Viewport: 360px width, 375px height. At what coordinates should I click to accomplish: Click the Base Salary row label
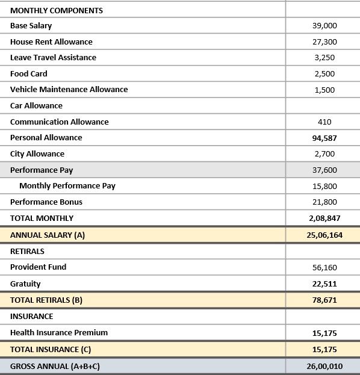[31, 26]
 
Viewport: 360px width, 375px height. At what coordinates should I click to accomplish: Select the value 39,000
[324, 26]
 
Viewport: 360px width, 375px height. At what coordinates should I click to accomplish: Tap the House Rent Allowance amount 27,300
[324, 42]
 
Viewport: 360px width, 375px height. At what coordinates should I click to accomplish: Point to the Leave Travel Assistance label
[53, 58]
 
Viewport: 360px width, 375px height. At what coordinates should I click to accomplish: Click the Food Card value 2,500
[324, 74]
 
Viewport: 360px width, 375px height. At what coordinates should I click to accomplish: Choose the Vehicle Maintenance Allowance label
[69, 90]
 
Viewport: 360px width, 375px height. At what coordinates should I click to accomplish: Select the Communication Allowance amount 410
[324, 122]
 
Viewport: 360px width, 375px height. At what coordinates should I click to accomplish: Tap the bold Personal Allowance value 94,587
[324, 138]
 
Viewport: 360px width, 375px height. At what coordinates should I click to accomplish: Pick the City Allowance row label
[37, 154]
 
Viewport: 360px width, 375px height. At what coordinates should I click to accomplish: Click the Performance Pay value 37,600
[324, 170]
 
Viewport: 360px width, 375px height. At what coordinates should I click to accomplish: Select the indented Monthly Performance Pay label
[67, 186]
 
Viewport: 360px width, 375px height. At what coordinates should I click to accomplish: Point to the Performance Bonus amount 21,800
[324, 202]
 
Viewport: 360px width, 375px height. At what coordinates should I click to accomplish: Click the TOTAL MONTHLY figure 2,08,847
[324, 218]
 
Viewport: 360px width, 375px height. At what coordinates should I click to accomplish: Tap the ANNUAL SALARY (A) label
[48, 235]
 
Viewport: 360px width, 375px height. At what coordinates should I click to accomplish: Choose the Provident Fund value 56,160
[324, 267]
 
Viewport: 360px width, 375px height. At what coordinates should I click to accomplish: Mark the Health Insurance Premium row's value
[324, 333]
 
